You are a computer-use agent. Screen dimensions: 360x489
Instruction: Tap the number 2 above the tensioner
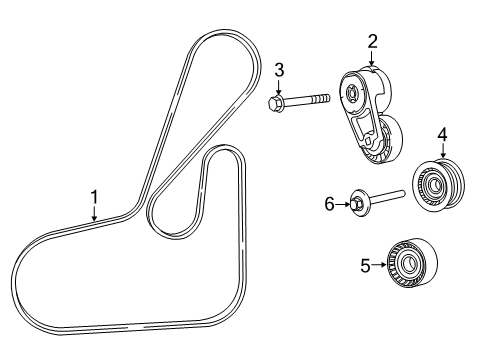[372, 40]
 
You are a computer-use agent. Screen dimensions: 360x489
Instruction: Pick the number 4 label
[442, 134]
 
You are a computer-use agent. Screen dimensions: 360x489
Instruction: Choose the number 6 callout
[329, 203]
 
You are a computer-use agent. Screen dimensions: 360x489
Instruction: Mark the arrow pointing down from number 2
[372, 58]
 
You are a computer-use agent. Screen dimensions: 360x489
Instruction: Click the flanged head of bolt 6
[357, 205]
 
